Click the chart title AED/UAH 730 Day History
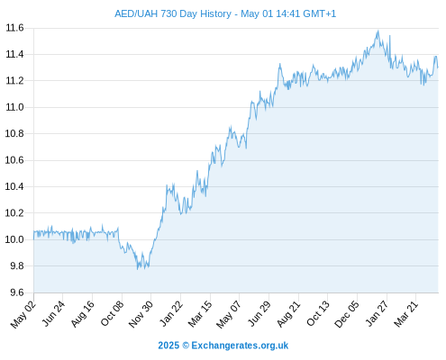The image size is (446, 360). (x=173, y=13)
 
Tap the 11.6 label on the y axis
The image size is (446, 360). (x=14, y=28)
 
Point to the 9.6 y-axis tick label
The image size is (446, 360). (x=17, y=292)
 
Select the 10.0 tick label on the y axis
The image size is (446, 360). (x=14, y=239)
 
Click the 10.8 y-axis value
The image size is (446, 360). (x=14, y=133)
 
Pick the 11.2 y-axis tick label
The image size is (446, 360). (x=14, y=81)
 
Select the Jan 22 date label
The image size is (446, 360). (x=171, y=313)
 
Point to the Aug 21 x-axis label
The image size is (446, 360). (x=288, y=313)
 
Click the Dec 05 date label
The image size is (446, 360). (x=347, y=313)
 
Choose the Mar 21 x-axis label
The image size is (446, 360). (x=406, y=313)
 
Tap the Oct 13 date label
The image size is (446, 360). (x=318, y=313)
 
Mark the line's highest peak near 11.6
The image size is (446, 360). (x=378, y=31)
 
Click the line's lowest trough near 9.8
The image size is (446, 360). (x=138, y=269)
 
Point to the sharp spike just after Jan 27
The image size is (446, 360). (x=389, y=36)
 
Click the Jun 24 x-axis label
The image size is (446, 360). (x=53, y=313)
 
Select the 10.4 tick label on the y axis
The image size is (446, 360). (x=14, y=186)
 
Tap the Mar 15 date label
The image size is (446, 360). (x=200, y=313)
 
